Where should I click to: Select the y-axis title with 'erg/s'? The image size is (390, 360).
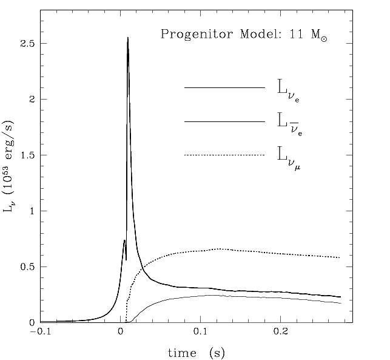pos(14,168)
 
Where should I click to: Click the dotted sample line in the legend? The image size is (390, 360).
pos(224,156)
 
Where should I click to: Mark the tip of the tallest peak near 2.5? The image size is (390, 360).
pos(127,38)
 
